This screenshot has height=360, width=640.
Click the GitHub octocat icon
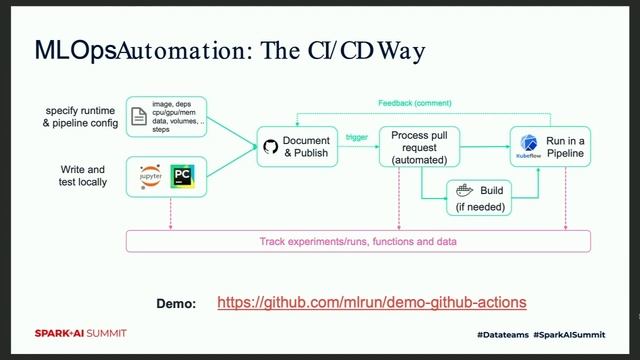[x=270, y=147]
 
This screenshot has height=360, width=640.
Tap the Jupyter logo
[x=151, y=176]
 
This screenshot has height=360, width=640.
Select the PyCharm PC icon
[x=183, y=176]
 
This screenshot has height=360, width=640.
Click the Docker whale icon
[x=463, y=189]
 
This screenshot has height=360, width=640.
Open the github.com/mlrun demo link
[x=371, y=302]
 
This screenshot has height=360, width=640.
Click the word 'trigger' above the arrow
[x=356, y=136]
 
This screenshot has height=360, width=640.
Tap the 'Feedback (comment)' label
[x=414, y=103]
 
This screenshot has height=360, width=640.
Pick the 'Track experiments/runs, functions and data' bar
[x=357, y=241]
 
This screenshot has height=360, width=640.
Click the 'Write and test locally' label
[x=82, y=176]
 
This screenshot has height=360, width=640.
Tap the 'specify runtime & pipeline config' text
[x=81, y=116]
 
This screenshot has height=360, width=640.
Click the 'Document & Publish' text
[x=306, y=147]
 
